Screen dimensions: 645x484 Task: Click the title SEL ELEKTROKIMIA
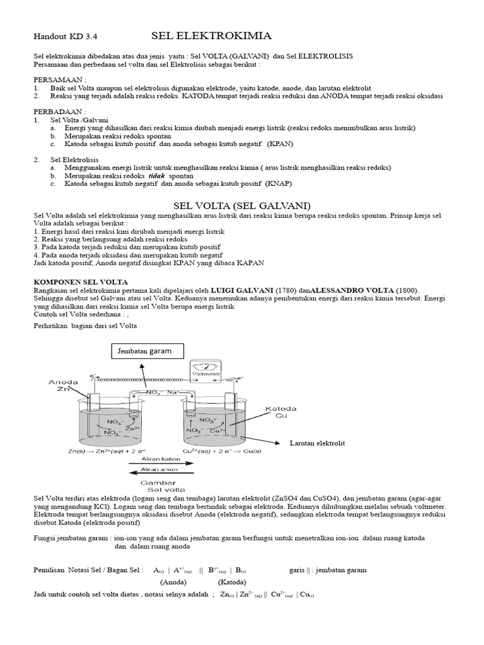(x=211, y=35)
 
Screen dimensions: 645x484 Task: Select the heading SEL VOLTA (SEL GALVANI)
(x=241, y=206)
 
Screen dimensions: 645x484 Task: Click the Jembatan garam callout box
(x=143, y=351)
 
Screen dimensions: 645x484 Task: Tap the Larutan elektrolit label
(x=317, y=443)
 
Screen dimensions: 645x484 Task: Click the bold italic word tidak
(x=148, y=176)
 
